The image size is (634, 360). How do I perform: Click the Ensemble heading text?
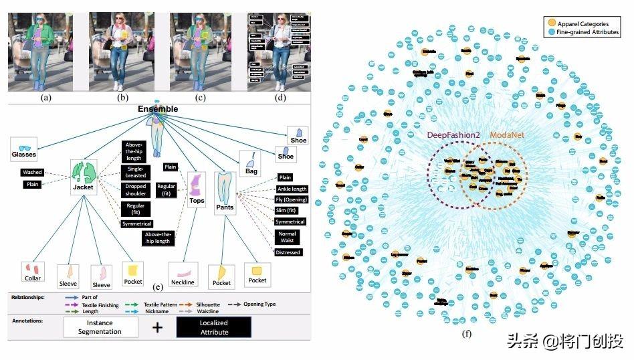[158, 108]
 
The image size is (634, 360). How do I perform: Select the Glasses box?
[24, 148]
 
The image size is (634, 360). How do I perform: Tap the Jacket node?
[84, 177]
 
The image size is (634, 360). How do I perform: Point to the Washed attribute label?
[32, 173]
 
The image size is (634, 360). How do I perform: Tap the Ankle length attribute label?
[291, 189]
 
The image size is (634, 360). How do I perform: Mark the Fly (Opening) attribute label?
[291, 200]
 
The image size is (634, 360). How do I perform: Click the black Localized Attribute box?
[213, 327]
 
